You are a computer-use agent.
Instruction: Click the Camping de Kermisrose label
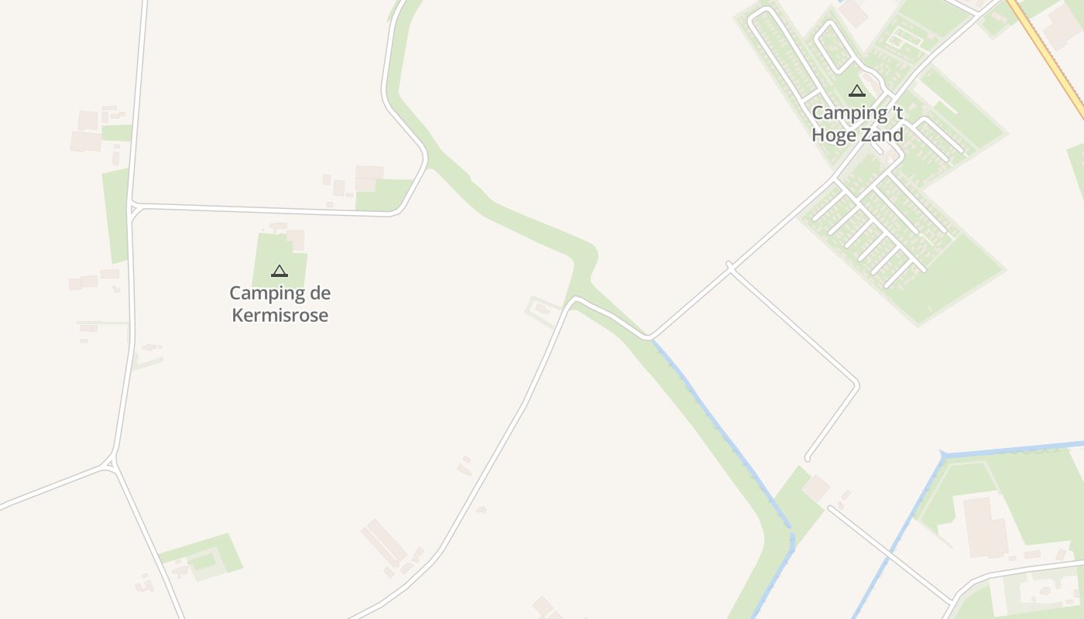tap(280, 304)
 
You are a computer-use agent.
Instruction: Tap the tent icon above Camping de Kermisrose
tap(280, 271)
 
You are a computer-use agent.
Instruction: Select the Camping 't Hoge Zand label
tap(857, 124)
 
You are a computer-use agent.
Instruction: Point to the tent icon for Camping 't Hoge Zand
tap(856, 91)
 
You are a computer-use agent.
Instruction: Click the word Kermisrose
tap(280, 316)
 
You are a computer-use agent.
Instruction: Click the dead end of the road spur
tap(808, 458)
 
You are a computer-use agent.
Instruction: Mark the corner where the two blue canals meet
tap(943, 454)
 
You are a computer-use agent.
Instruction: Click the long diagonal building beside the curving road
tap(384, 542)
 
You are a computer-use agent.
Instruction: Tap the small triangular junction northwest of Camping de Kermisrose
tap(133, 208)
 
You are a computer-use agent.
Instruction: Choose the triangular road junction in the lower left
tap(111, 464)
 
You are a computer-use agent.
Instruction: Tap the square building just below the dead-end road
tap(815, 488)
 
